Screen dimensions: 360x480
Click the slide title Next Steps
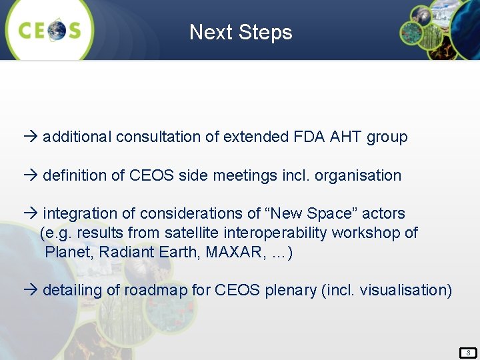pyautogui.click(x=241, y=32)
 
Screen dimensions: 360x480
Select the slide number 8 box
pyautogui.click(x=468, y=353)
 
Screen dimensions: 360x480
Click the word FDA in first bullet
pyautogui.click(x=309, y=137)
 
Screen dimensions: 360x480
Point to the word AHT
pyautogui.click(x=345, y=137)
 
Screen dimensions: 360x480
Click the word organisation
pyautogui.click(x=358, y=176)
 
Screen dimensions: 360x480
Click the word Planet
pyautogui.click(x=65, y=253)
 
